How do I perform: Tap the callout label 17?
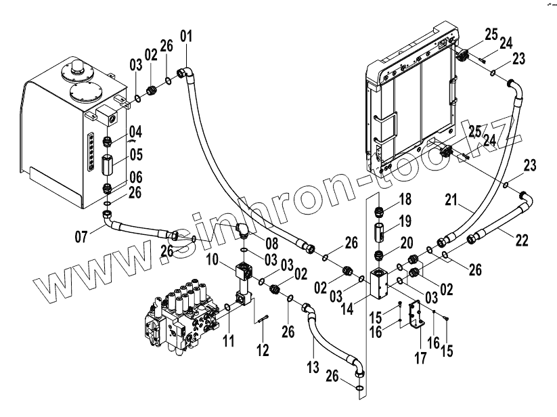pos(420,357)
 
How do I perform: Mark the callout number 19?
pos(405,221)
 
